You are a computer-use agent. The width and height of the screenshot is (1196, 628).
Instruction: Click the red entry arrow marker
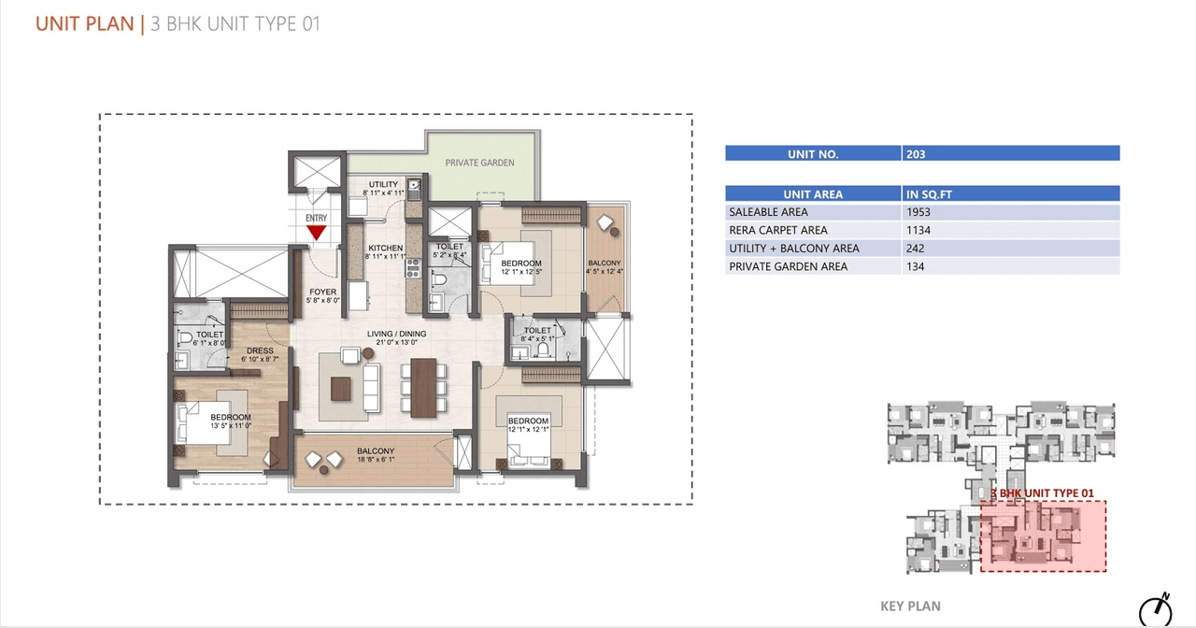pyautogui.click(x=317, y=233)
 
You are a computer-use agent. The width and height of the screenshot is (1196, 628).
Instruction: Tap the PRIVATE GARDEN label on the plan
pyautogui.click(x=479, y=163)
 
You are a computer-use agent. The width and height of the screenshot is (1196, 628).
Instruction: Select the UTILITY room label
pyautogui.click(x=383, y=185)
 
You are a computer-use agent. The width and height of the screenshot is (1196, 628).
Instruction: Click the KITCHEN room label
pyautogui.click(x=385, y=249)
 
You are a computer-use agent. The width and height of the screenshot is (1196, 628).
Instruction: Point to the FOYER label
pyautogui.click(x=323, y=292)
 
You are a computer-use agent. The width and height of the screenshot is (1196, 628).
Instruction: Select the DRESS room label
pyautogui.click(x=260, y=351)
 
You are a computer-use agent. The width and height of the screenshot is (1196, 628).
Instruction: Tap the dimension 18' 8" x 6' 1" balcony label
pyautogui.click(x=376, y=459)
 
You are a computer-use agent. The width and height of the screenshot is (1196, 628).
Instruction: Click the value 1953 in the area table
pyautogui.click(x=918, y=212)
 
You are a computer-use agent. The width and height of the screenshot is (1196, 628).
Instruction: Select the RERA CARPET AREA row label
pyautogui.click(x=777, y=230)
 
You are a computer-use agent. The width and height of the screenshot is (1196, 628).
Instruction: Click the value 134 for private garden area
pyautogui.click(x=916, y=266)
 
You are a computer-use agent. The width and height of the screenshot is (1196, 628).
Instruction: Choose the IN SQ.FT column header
pyautogui.click(x=929, y=194)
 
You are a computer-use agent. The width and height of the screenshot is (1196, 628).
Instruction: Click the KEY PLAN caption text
pyautogui.click(x=910, y=607)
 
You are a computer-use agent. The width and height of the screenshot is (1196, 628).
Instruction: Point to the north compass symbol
pyautogui.click(x=1157, y=608)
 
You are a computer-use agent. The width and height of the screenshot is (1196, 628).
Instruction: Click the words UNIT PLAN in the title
pyautogui.click(x=84, y=23)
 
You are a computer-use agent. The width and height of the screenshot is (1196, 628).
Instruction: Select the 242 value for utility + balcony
pyautogui.click(x=916, y=249)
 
